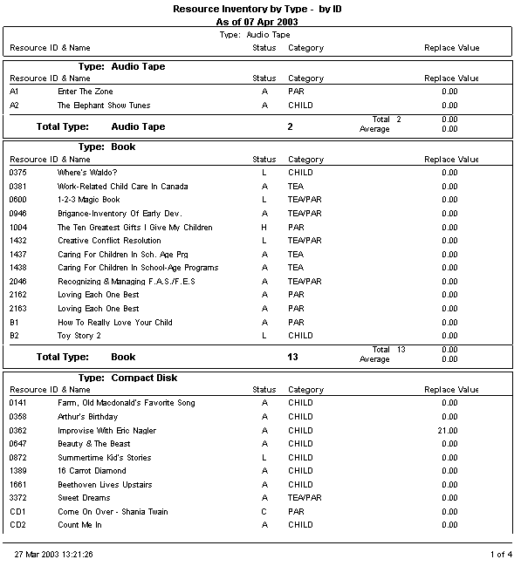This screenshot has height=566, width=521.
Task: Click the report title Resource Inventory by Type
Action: pyautogui.click(x=250, y=8)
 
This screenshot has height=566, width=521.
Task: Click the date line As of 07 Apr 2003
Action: pyautogui.click(x=250, y=21)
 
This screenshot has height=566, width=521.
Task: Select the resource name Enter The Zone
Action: pyautogui.click(x=85, y=92)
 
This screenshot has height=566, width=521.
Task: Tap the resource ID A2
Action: pyautogui.click(x=14, y=106)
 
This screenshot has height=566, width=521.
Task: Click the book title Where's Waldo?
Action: pyautogui.click(x=86, y=173)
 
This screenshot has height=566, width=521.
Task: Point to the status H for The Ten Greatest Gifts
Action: pyautogui.click(x=264, y=228)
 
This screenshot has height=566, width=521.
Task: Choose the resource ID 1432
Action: pyautogui.click(x=18, y=241)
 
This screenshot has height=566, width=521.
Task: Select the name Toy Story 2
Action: pyautogui.click(x=79, y=336)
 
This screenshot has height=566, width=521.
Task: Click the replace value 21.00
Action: pyautogui.click(x=449, y=431)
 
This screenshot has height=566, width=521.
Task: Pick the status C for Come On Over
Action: pyautogui.click(x=264, y=512)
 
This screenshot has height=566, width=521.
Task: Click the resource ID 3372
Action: pyautogui.click(x=18, y=498)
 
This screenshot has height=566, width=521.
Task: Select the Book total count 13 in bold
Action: pyautogui.click(x=291, y=357)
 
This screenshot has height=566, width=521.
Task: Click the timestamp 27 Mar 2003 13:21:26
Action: pyautogui.click(x=54, y=554)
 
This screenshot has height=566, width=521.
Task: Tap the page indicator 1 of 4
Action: pyautogui.click(x=501, y=554)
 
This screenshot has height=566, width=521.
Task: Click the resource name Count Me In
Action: pyautogui.click(x=79, y=525)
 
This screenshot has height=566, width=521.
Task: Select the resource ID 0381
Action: pyautogui.click(x=18, y=187)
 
